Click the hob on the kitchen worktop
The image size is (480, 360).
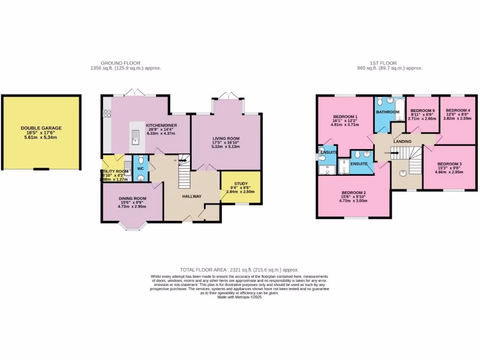[106, 113]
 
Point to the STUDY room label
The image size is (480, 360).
[240, 184]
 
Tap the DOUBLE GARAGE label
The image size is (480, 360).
[41, 128]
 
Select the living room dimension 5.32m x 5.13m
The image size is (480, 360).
[226, 147]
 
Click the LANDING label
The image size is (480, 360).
[402, 141]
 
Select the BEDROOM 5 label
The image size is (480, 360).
[422, 111]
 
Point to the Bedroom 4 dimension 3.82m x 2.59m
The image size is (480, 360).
[457, 119]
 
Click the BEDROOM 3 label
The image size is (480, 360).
[450, 164]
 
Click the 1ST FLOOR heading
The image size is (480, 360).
[383, 63]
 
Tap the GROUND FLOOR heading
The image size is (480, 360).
[120, 63]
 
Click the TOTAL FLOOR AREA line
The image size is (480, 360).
[239, 270]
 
